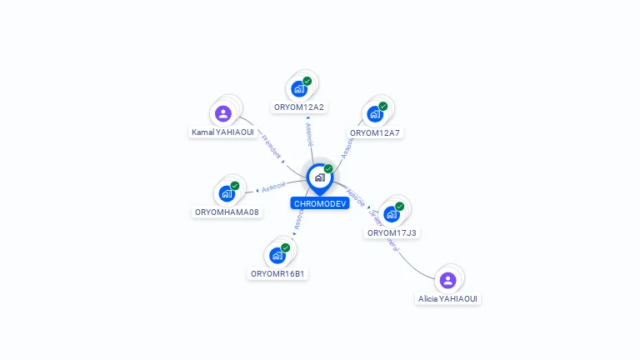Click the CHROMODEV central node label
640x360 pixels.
coord(320,203)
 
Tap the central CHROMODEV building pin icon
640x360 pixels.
coord(319,177)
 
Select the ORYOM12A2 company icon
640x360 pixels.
coord(299,89)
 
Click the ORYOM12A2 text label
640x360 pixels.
coord(299,107)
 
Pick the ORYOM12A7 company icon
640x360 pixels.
coord(375,114)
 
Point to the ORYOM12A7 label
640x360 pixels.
coord(375,132)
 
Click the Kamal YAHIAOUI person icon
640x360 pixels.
coord(222,113)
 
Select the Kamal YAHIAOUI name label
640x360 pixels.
coord(222,132)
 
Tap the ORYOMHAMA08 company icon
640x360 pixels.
coord(227,193)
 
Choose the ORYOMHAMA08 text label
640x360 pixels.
coord(227,212)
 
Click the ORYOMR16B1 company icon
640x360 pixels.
coord(277,255)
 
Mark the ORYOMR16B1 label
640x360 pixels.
coord(278,273)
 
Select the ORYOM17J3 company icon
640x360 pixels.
coord(392,214)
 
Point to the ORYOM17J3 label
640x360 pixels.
coord(392,232)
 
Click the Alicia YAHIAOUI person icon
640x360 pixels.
coord(447,280)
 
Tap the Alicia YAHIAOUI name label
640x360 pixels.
coord(448,298)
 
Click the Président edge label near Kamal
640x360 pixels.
coord(272,147)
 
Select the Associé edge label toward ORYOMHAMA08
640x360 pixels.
coord(273,187)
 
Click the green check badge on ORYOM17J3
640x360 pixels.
coord(399,206)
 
